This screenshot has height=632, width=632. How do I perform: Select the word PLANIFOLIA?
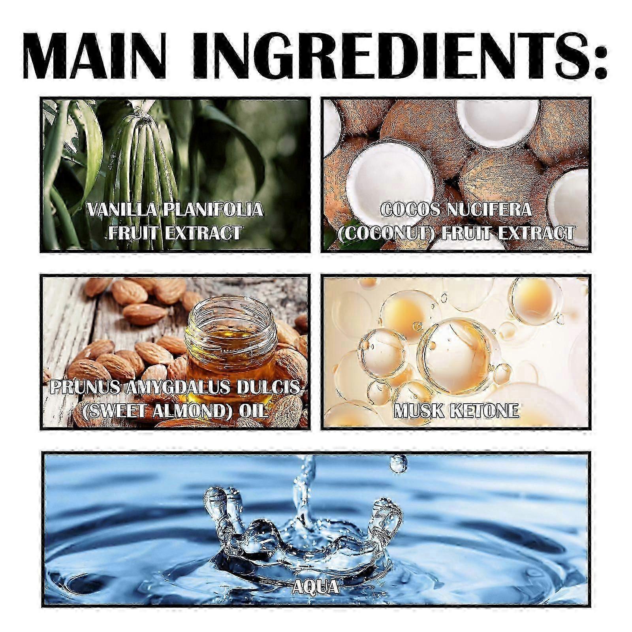[x=213, y=209]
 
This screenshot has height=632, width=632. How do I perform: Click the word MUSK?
[x=419, y=412]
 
